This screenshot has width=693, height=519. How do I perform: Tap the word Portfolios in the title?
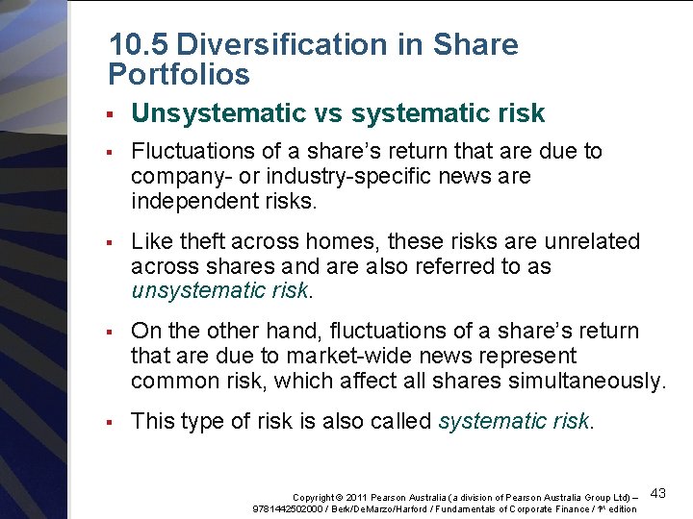[179, 74]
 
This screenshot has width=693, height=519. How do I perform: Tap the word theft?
[199, 241]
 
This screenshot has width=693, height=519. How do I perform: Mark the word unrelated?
[592, 241]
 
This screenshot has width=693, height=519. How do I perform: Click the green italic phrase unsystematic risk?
[219, 291]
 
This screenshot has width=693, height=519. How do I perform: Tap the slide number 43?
[658, 493]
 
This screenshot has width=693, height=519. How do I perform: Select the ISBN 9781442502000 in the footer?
[286, 508]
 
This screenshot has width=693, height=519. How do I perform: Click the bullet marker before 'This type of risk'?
[113, 422]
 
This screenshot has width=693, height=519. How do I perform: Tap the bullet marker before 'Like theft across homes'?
[113, 242]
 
